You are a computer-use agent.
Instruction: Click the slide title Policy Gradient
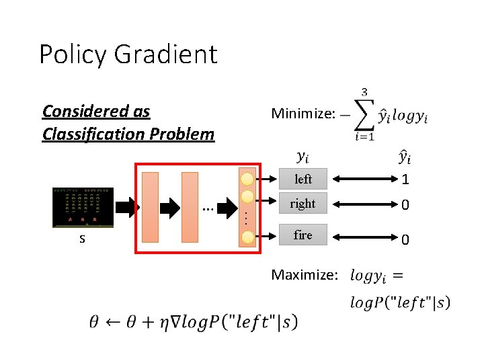128,54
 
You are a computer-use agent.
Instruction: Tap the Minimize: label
302,114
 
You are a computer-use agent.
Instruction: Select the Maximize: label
304,274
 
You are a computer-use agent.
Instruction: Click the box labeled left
302,179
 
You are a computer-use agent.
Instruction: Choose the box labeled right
302,203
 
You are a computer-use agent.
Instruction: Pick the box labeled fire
302,235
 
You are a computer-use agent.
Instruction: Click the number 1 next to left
405,179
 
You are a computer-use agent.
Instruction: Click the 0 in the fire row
405,239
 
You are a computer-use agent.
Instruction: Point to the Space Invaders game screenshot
83,208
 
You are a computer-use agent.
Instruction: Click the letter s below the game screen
82,239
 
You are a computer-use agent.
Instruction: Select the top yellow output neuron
248,179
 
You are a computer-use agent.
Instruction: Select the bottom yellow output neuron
248,237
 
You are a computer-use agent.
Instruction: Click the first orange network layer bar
151,206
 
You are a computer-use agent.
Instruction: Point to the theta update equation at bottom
192,321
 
